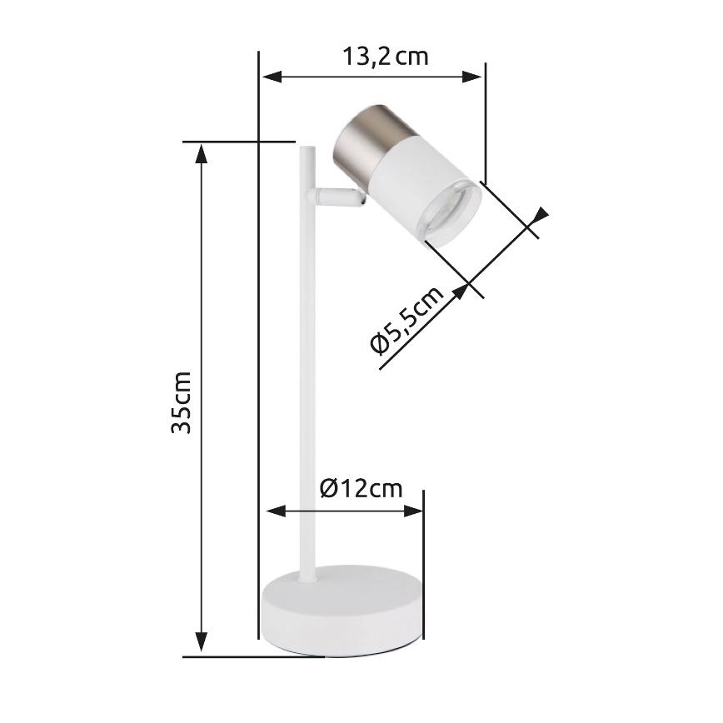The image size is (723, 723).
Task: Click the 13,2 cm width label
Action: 385,57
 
